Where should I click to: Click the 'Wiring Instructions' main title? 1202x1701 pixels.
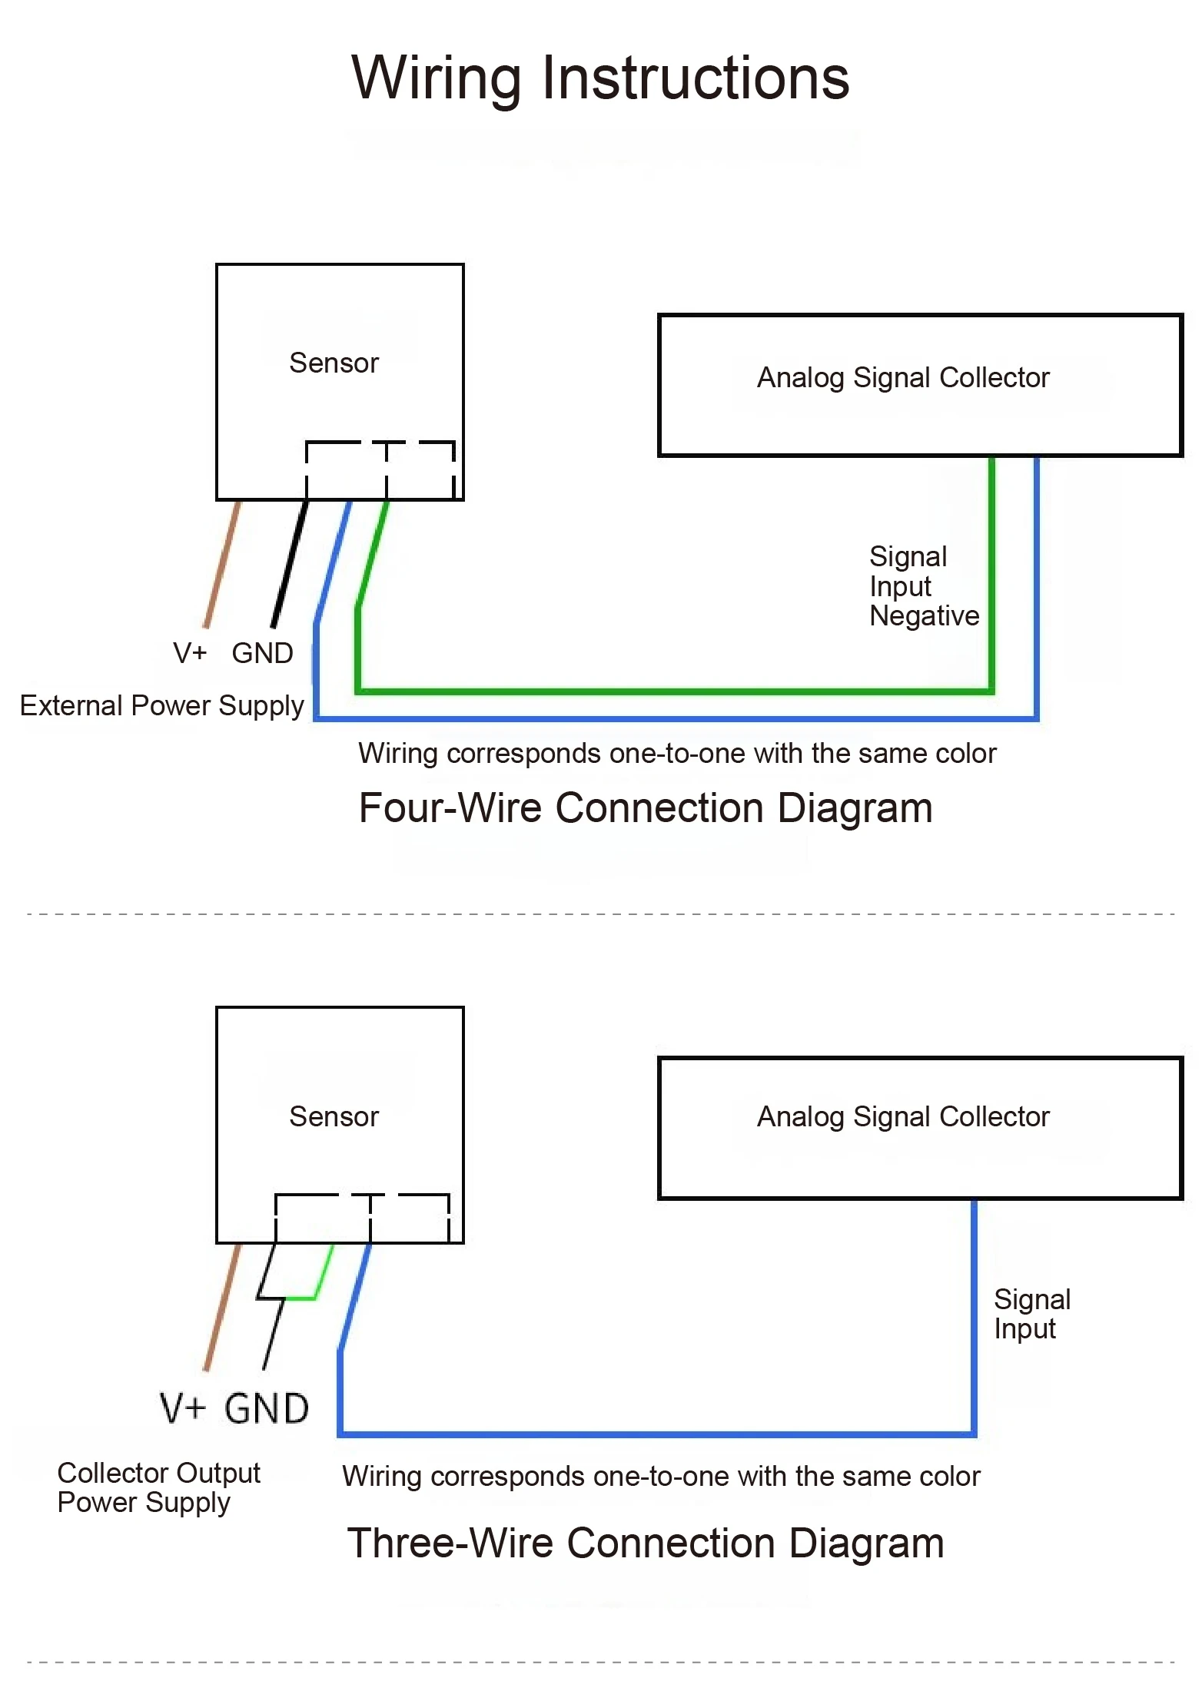coord(600,78)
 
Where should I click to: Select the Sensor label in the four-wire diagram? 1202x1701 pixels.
coord(334,363)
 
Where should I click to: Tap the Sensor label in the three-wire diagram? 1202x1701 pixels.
coord(334,1116)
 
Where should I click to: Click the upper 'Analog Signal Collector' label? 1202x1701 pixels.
coord(903,378)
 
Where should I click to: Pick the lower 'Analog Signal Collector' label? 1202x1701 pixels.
coord(903,1117)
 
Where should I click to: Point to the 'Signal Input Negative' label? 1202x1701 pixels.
coord(924,586)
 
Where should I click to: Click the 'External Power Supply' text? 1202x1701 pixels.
coord(161,706)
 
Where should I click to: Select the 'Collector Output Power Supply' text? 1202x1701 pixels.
coord(159,1488)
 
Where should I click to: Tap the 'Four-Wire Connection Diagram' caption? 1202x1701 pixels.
coord(646,809)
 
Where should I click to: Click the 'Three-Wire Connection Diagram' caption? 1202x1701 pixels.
coord(646,1543)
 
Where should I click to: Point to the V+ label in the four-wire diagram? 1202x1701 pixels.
coord(190,653)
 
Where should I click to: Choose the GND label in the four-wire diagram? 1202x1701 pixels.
coord(262,653)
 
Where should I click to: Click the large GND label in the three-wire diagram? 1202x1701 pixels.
coord(267,1409)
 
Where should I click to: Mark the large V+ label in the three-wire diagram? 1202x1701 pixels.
coord(183,1409)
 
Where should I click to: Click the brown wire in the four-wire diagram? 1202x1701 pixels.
coord(222,564)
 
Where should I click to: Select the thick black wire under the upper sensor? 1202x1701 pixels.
coord(290,564)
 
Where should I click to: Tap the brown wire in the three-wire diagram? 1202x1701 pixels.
coord(222,1307)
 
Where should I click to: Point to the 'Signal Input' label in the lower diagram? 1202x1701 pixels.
coord(1031,1315)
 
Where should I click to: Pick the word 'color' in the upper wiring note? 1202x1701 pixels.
coord(965,754)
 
